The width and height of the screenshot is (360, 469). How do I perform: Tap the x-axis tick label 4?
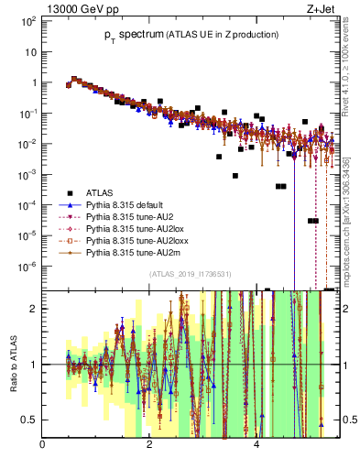coord(256,445)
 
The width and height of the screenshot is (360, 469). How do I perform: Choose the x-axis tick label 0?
coord(43,445)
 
